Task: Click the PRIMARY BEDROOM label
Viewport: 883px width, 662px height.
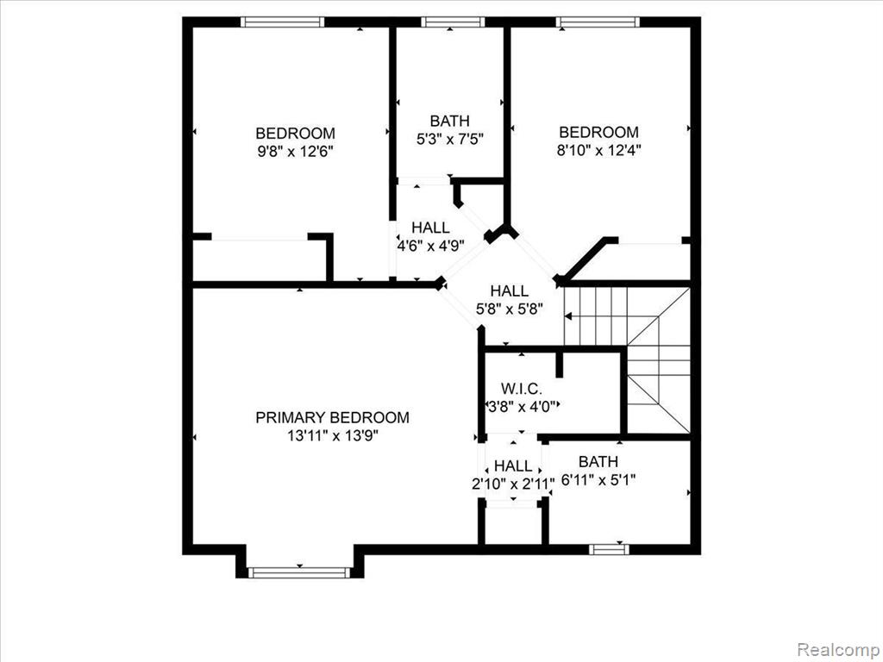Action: click(332, 418)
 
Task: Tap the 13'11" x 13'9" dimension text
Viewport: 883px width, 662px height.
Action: click(332, 435)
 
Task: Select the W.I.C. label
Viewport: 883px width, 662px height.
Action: click(522, 389)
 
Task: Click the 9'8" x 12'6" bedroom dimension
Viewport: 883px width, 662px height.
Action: click(295, 152)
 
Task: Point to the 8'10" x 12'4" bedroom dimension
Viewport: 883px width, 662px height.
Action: click(598, 150)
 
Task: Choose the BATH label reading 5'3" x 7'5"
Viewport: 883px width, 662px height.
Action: click(449, 121)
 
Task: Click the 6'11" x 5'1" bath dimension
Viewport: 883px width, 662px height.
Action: click(598, 480)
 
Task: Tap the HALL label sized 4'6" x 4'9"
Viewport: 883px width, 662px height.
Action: click(430, 228)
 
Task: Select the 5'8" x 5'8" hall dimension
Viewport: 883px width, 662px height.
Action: click(509, 309)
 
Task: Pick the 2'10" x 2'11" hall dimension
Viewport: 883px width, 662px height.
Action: click(513, 484)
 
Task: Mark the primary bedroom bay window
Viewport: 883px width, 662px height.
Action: click(299, 572)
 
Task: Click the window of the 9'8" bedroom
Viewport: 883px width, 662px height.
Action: click(282, 22)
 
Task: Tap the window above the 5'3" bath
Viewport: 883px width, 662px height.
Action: click(453, 22)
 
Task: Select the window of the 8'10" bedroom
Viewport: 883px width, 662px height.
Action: click(598, 22)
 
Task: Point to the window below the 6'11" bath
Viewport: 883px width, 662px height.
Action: click(609, 549)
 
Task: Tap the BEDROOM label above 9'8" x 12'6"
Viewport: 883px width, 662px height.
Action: click(295, 134)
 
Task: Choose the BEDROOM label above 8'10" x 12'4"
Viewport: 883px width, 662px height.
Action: click(598, 132)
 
